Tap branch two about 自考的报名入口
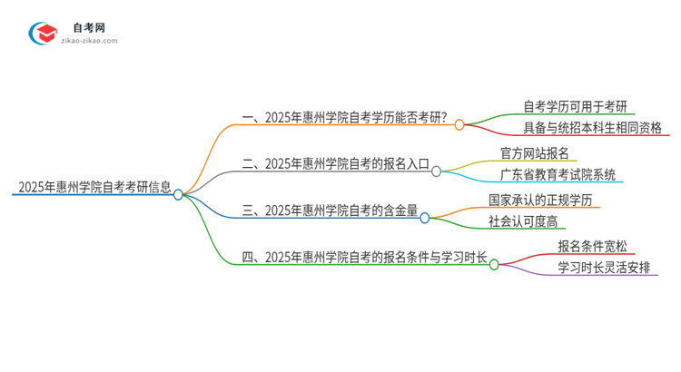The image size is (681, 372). pyautogui.click(x=337, y=164)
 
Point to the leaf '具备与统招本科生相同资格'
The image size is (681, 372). pyautogui.click(x=593, y=127)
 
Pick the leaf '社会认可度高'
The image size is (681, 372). pyautogui.click(x=525, y=221)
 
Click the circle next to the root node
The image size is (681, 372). pyautogui.click(x=178, y=193)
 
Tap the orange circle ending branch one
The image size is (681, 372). pyautogui.click(x=459, y=125)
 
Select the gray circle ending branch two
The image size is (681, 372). pyautogui.click(x=437, y=170)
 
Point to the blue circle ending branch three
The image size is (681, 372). pyautogui.click(x=424, y=217)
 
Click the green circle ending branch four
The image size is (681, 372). pyautogui.click(x=494, y=264)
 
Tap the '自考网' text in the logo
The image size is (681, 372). pyautogui.click(x=90, y=28)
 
